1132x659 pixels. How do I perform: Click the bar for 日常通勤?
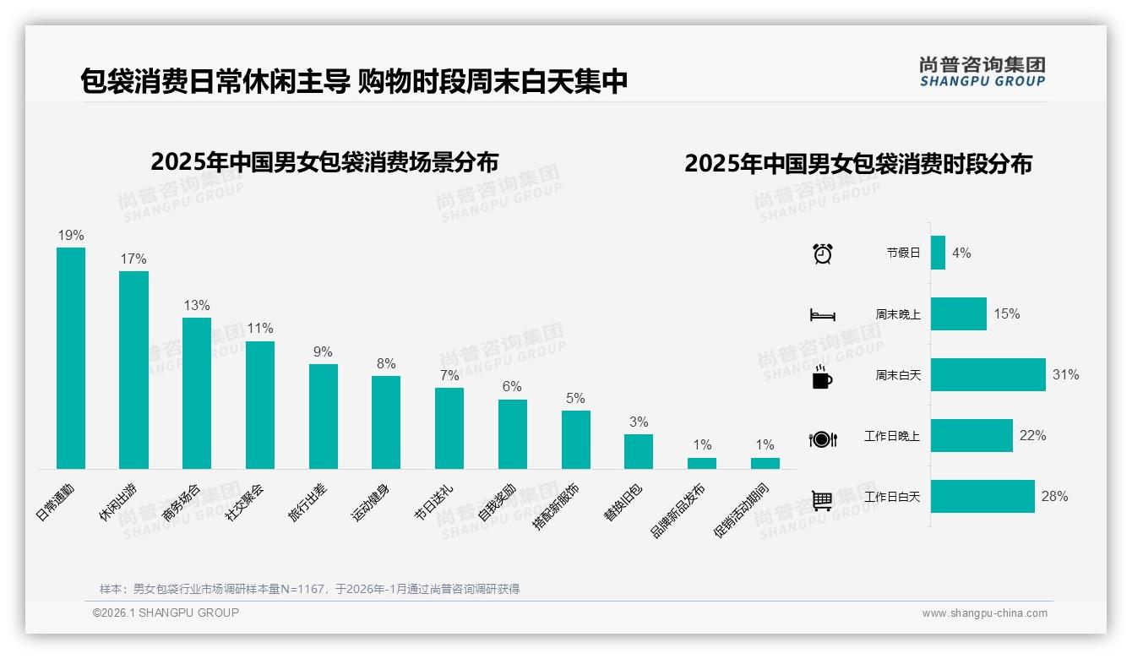pos(71,357)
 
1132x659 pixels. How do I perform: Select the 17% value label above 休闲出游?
pos(133,259)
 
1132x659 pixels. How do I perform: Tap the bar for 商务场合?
pos(197,393)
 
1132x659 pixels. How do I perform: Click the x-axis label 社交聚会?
pos(245,502)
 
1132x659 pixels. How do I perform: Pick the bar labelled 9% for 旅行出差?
pos(323,416)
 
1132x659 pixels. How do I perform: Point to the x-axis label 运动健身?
pos(371,502)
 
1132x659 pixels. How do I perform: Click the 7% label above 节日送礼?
pos(449,375)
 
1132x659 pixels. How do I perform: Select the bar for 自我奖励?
pos(513,433)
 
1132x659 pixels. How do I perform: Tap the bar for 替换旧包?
pos(639,451)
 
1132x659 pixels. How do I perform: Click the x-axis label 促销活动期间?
pos(742,510)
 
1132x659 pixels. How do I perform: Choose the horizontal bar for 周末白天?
pos(988,374)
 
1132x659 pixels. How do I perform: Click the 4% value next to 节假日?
pos(961,253)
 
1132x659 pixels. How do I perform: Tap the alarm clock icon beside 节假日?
pos(823,253)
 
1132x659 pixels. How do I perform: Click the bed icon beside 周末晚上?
pos(823,314)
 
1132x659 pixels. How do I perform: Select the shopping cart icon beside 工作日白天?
pos(822,500)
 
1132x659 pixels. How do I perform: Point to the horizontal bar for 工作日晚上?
pos(971,435)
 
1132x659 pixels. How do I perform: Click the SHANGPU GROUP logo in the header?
pos(982,72)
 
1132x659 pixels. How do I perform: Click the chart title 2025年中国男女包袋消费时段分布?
pos(858,164)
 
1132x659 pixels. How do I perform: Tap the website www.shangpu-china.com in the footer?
pos(984,613)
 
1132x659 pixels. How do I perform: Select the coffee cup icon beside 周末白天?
pos(822,377)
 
